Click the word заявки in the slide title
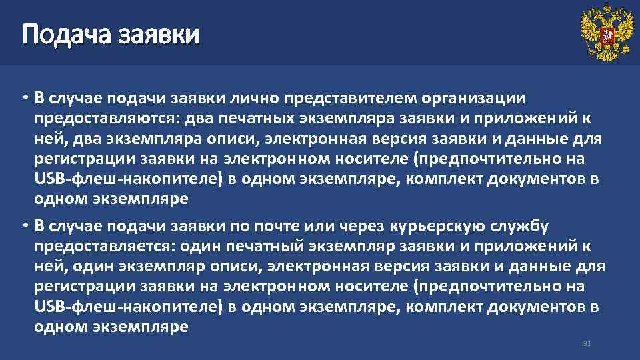pyautogui.click(x=158, y=33)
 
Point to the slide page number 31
pyautogui.click(x=587, y=343)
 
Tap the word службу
pyautogui.click(x=524, y=227)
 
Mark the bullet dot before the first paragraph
pyautogui.click(x=23, y=99)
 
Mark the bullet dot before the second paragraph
pyautogui.click(x=23, y=227)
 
